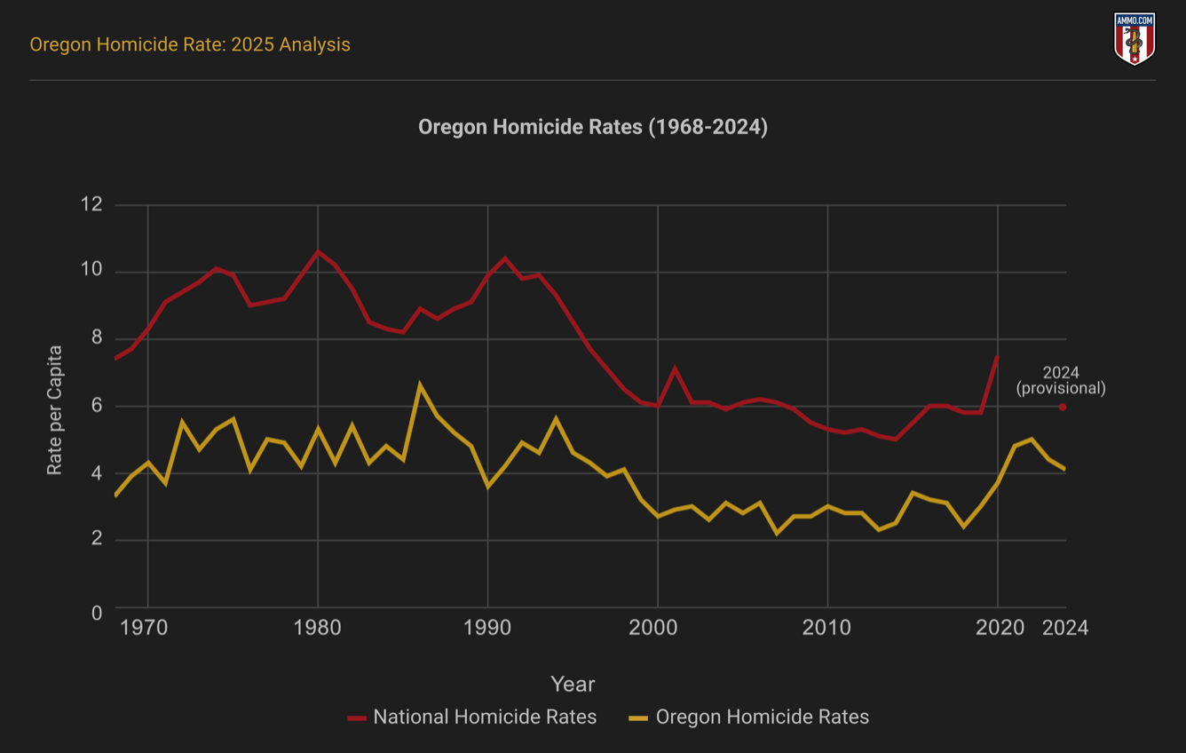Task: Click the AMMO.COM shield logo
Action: (x=1135, y=39)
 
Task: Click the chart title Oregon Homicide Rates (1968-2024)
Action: (x=593, y=127)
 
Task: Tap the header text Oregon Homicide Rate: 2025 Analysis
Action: (x=190, y=44)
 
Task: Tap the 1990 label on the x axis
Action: (x=487, y=628)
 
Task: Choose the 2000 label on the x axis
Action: (x=657, y=628)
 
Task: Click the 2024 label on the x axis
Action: (x=1064, y=628)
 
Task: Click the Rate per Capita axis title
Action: (x=55, y=409)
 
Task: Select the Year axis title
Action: (x=573, y=685)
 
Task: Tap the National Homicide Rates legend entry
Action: (x=472, y=717)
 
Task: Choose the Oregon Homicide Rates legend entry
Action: (x=749, y=717)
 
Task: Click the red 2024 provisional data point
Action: (x=1063, y=408)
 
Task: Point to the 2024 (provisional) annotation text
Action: (x=1061, y=380)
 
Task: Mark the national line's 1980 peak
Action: (x=318, y=251)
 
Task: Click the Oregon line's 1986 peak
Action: (x=420, y=385)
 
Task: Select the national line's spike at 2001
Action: (x=675, y=368)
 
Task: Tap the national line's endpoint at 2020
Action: (x=998, y=357)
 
